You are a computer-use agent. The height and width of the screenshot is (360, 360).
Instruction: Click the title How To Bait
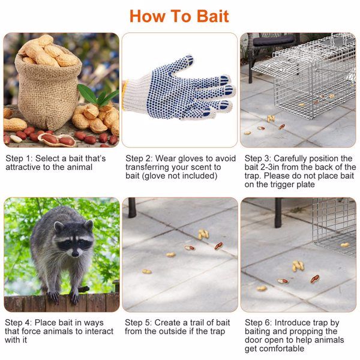tap(179, 16)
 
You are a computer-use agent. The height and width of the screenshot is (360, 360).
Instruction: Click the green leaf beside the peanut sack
tap(90, 93)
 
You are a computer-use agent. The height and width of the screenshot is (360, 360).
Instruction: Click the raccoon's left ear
tap(59, 227)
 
